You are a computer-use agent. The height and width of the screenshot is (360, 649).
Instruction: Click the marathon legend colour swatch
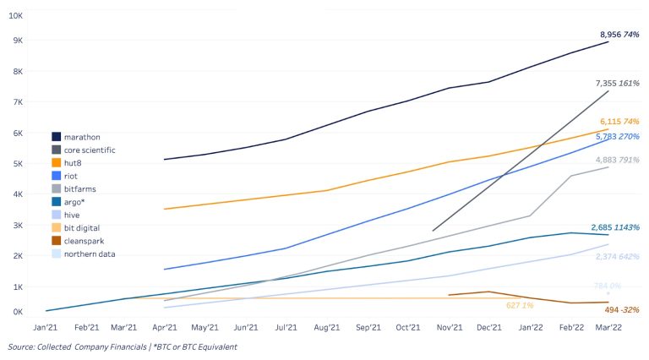tap(56, 136)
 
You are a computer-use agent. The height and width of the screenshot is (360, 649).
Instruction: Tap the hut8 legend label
tap(74, 162)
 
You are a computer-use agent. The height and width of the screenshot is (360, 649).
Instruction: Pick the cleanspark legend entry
tap(83, 241)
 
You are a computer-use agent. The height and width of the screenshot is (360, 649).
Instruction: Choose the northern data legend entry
tap(90, 254)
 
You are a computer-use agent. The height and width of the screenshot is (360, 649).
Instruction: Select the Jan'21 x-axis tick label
tap(45, 326)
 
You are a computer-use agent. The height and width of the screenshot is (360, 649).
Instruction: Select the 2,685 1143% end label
tap(616, 226)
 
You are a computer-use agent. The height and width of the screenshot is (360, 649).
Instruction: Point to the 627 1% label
tap(520, 305)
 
